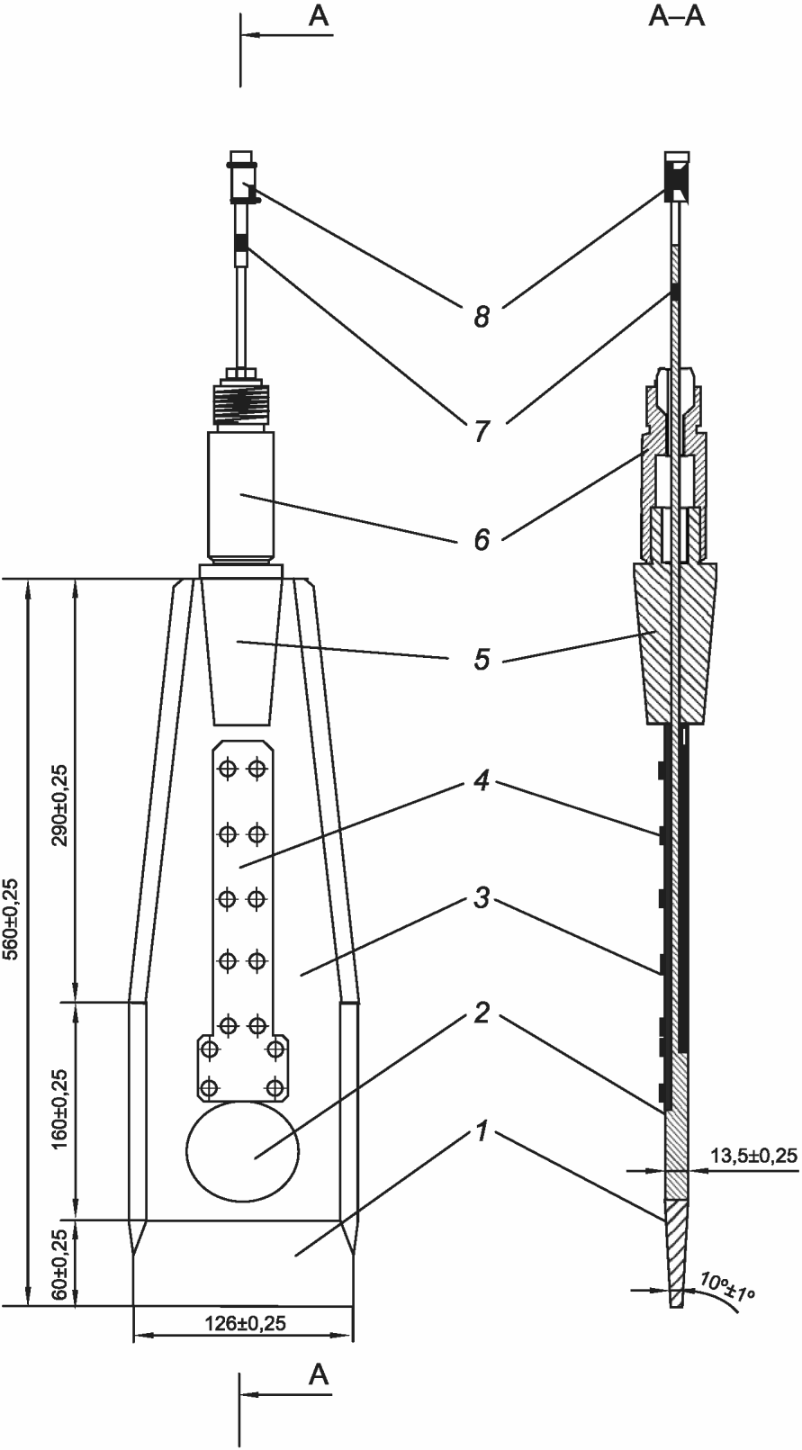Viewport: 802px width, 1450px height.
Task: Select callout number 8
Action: [482, 317]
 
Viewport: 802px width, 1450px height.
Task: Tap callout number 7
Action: [481, 431]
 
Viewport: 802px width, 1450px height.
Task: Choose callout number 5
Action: [482, 660]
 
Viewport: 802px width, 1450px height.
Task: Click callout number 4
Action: [482, 782]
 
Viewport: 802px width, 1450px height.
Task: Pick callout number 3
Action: [482, 898]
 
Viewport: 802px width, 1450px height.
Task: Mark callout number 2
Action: [482, 1013]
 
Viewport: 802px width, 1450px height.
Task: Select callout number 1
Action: [481, 1131]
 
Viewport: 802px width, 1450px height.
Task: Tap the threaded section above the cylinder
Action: [241, 404]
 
